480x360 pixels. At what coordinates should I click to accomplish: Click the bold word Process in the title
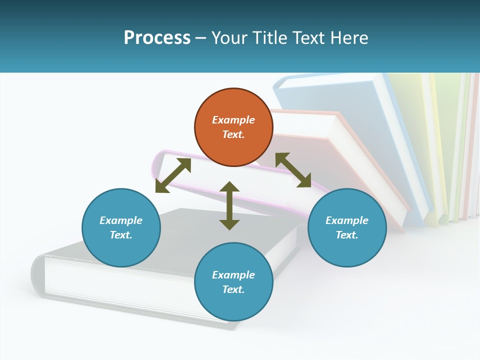157,37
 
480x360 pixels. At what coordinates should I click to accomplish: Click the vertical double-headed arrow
229,205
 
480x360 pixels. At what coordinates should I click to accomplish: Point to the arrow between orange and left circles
173,175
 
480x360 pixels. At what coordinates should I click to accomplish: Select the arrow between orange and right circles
293,170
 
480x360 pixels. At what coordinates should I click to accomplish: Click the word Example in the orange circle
233,120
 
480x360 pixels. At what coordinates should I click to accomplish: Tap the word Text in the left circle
121,235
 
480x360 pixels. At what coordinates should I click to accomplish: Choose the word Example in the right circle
347,220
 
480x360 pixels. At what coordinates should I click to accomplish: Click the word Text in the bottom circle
233,289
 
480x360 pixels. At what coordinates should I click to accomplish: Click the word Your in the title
229,37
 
